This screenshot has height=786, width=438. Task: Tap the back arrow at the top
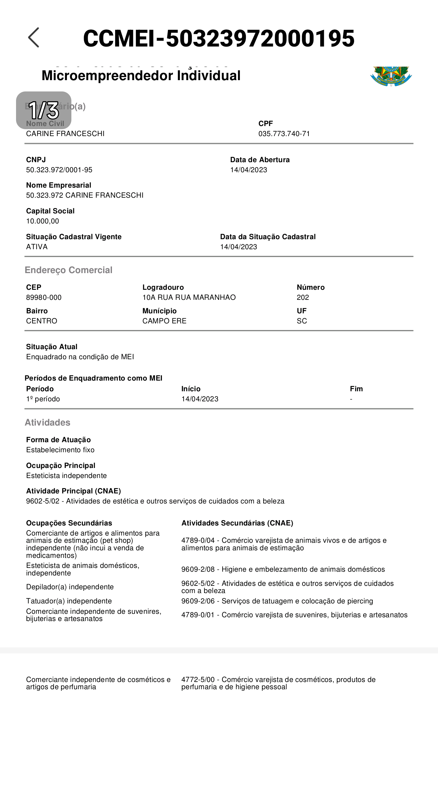(34, 37)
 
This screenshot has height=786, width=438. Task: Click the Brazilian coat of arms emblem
(391, 76)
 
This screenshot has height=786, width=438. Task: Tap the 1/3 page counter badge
(44, 110)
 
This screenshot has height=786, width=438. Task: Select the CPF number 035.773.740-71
(284, 134)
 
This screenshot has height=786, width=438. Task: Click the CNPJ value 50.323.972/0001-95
(59, 170)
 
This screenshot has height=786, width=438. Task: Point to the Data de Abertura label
(260, 160)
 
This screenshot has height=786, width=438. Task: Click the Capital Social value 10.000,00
(42, 221)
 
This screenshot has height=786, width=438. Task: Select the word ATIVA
(37, 247)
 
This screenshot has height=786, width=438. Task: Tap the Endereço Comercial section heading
(69, 270)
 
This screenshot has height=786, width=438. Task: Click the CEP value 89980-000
(44, 298)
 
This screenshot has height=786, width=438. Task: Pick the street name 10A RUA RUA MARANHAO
(189, 298)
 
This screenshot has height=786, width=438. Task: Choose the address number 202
(303, 298)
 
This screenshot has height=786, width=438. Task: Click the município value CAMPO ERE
(164, 321)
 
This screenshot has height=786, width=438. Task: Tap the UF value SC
(302, 321)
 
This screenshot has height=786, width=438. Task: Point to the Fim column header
(356, 389)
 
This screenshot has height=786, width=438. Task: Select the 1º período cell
(43, 399)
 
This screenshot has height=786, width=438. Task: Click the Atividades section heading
(47, 423)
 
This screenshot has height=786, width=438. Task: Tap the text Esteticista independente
(66, 476)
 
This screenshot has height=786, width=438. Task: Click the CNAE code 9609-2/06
(198, 601)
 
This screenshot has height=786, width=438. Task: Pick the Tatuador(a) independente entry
(69, 601)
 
